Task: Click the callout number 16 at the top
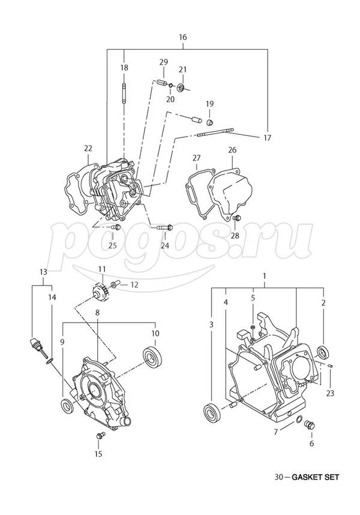183,37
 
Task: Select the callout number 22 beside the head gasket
88,149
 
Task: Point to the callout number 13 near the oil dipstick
43,272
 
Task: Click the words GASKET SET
316,477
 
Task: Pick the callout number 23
330,393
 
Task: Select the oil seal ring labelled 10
152,356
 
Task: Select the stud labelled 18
124,95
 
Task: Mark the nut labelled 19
210,122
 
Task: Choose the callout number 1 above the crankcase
264,275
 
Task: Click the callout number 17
268,137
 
